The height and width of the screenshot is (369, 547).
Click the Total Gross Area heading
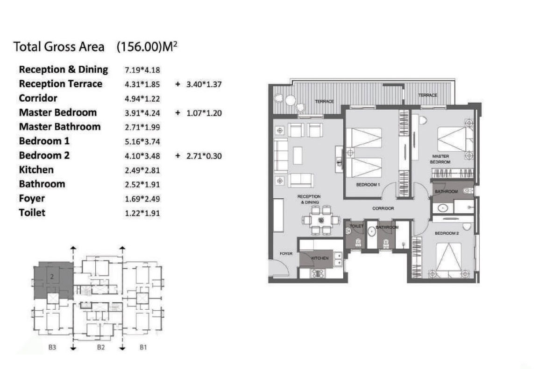(58, 47)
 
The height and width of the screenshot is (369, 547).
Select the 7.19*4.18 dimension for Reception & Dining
(142, 70)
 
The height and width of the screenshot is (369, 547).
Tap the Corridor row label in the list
(38, 98)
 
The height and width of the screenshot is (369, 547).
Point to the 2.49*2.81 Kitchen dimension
(142, 170)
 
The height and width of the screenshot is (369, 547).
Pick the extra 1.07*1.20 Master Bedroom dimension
(204, 113)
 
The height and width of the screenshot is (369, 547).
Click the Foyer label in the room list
(32, 199)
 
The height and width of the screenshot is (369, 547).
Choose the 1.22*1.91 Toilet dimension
(142, 213)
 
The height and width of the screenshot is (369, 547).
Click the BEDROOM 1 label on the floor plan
(368, 185)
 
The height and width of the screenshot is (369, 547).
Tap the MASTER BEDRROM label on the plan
(440, 159)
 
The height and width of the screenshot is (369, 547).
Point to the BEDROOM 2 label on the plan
(447, 233)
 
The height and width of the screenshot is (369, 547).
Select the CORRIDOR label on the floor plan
(383, 209)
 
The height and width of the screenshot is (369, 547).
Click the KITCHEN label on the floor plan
(320, 258)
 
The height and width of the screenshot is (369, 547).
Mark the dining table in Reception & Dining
(321, 220)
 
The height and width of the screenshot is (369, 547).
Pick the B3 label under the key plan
(52, 347)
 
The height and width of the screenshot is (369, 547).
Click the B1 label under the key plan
(143, 347)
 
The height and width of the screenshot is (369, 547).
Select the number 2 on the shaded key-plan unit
(52, 277)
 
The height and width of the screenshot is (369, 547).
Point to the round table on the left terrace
(290, 100)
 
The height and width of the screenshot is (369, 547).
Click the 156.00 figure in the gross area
(139, 47)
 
